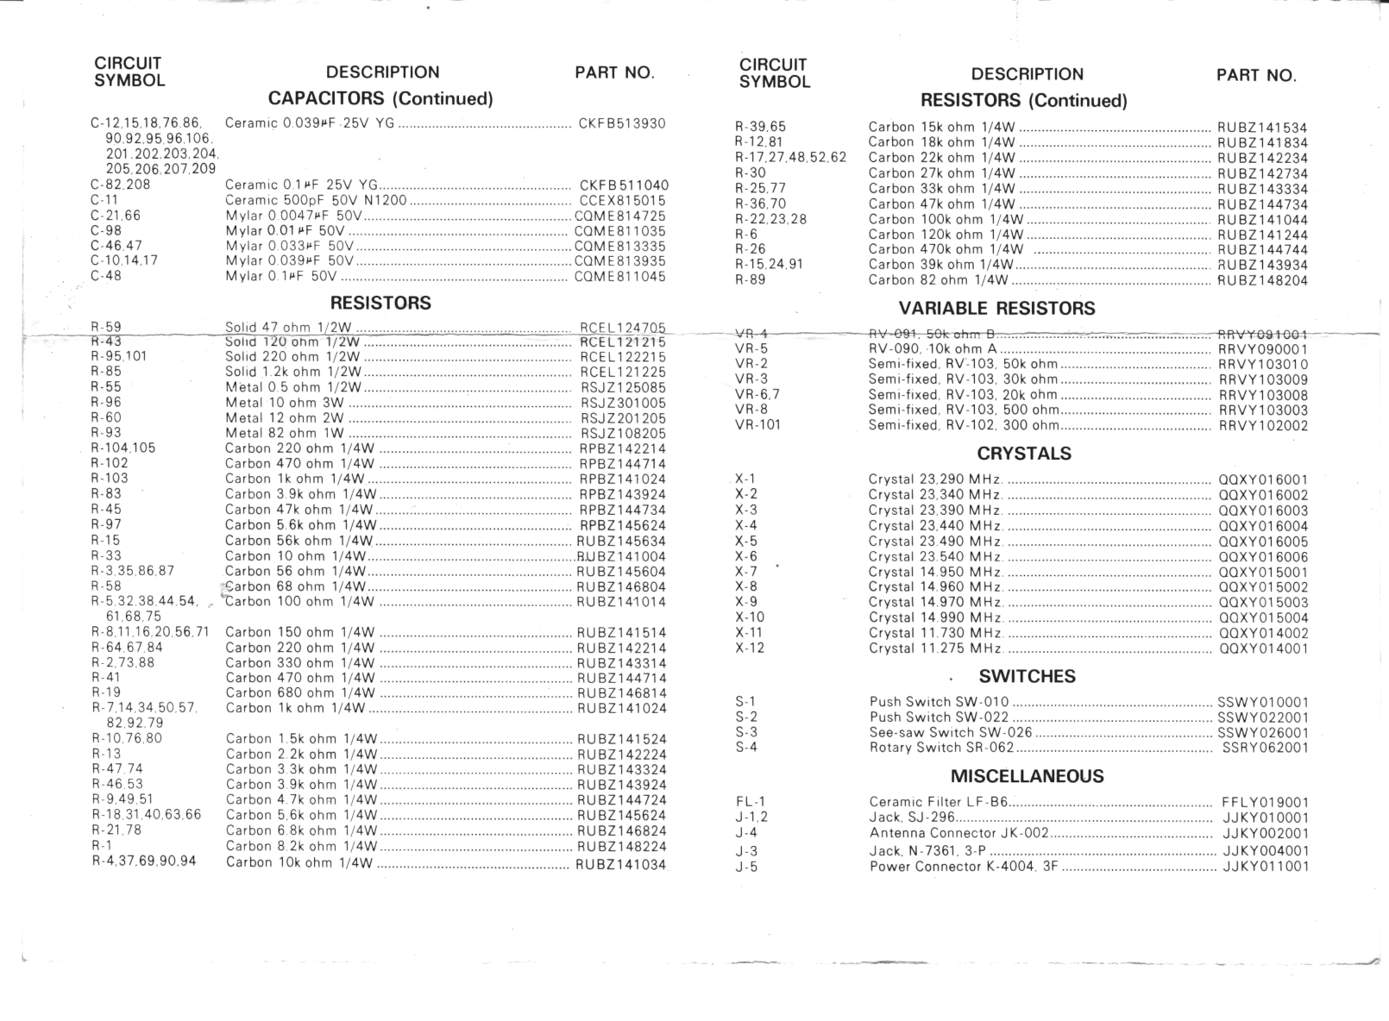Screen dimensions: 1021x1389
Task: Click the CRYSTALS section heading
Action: click(x=1023, y=454)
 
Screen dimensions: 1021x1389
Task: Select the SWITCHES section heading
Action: click(x=1027, y=676)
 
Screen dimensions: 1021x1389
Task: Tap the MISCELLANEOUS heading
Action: click(x=1027, y=776)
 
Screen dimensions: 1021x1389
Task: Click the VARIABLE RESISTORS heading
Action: click(x=996, y=309)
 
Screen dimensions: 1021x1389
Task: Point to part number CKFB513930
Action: click(x=622, y=123)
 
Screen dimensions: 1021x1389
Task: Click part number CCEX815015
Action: click(x=622, y=201)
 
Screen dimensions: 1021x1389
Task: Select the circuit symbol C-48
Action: click(x=106, y=276)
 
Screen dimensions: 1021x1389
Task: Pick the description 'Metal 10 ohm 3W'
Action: click(x=285, y=403)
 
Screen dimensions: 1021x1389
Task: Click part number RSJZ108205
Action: click(x=623, y=434)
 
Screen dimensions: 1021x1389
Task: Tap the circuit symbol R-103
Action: click(x=110, y=479)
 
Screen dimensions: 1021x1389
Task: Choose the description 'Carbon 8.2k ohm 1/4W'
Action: click(x=300, y=846)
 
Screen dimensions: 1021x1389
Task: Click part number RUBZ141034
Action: click(x=621, y=864)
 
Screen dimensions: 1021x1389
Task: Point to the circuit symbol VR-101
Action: click(x=757, y=424)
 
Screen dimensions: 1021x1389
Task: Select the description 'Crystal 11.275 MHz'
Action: click(x=935, y=648)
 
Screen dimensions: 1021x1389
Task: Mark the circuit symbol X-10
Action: click(x=750, y=617)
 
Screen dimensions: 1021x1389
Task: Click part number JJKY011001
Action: click(x=1265, y=867)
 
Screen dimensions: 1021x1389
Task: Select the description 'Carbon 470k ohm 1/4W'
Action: click(x=946, y=249)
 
